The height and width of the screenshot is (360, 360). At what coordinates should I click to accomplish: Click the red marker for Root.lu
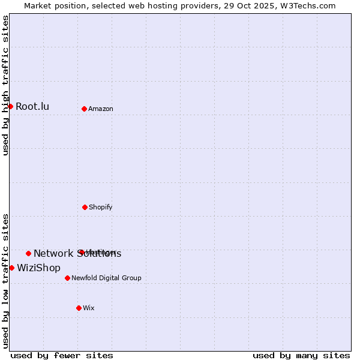click(x=10, y=107)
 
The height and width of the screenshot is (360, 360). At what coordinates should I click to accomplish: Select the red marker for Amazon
click(x=84, y=109)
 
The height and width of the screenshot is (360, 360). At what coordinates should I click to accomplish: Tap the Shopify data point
click(x=85, y=207)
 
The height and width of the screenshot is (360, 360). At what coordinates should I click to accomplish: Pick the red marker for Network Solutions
click(x=28, y=253)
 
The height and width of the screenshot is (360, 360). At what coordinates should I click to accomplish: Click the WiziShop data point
click(x=11, y=268)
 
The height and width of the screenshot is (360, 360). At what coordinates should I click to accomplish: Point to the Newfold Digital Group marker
click(x=67, y=278)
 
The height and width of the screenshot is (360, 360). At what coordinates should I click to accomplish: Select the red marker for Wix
click(x=79, y=308)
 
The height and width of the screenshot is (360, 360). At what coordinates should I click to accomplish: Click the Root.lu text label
click(x=32, y=107)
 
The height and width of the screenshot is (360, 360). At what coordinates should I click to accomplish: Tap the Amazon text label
click(x=101, y=109)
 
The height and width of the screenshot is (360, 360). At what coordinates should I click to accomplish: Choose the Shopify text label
click(x=101, y=207)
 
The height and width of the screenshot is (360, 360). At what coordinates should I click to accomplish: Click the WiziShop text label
click(x=38, y=268)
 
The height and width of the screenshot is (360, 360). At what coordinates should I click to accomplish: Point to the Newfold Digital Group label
click(x=106, y=278)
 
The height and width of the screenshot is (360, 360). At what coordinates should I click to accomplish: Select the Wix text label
click(x=89, y=308)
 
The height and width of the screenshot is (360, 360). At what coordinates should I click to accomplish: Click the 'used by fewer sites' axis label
click(x=62, y=355)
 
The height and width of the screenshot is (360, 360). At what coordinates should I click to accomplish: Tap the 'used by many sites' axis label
click(x=301, y=355)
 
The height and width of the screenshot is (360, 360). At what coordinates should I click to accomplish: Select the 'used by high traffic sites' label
click(x=5, y=85)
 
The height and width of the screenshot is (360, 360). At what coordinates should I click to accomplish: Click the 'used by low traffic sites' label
click(x=5, y=280)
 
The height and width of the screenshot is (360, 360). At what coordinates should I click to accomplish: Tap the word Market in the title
click(x=38, y=5)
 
